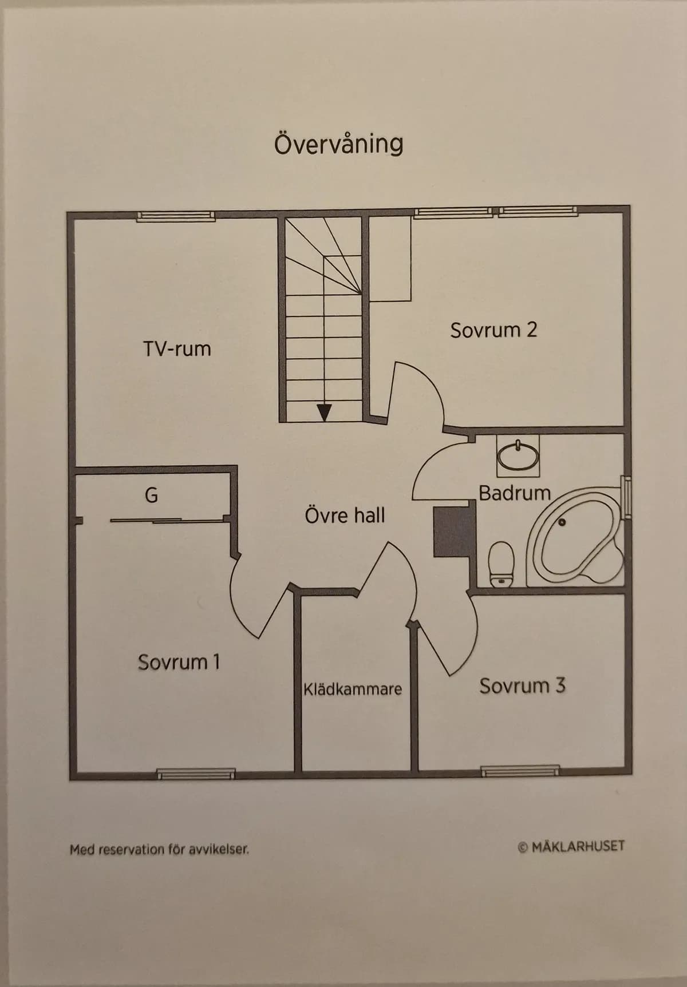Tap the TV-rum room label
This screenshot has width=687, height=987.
click(x=177, y=348)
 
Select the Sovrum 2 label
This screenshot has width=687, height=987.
click(x=493, y=330)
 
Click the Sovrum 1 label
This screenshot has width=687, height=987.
click(x=179, y=662)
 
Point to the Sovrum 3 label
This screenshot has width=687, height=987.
click(x=522, y=685)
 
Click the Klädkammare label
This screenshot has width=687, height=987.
click(x=353, y=689)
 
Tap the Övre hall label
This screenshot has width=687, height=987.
click(x=345, y=515)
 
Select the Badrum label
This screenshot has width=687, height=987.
click(x=514, y=493)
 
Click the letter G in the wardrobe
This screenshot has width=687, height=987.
click(x=151, y=495)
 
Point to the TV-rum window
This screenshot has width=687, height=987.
click(x=176, y=216)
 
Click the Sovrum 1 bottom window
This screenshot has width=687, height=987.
click(x=196, y=774)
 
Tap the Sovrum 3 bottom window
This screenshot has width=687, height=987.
click(x=520, y=771)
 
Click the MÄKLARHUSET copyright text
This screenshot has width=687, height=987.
click(x=571, y=846)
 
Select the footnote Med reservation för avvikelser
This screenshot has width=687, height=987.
click(x=159, y=849)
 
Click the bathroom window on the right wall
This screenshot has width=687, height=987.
click(x=627, y=498)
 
